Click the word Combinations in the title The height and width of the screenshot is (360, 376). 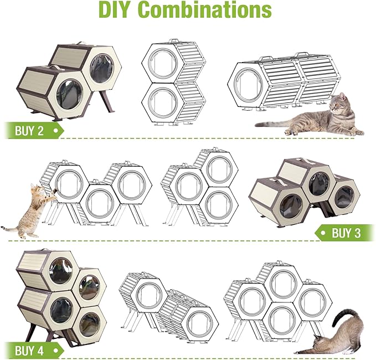(205, 9)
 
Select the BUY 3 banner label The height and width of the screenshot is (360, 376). (346, 233)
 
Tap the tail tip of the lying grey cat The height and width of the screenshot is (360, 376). (256, 125)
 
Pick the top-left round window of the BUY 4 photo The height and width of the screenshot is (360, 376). (61, 270)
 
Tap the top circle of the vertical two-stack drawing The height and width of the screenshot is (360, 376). (163, 63)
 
